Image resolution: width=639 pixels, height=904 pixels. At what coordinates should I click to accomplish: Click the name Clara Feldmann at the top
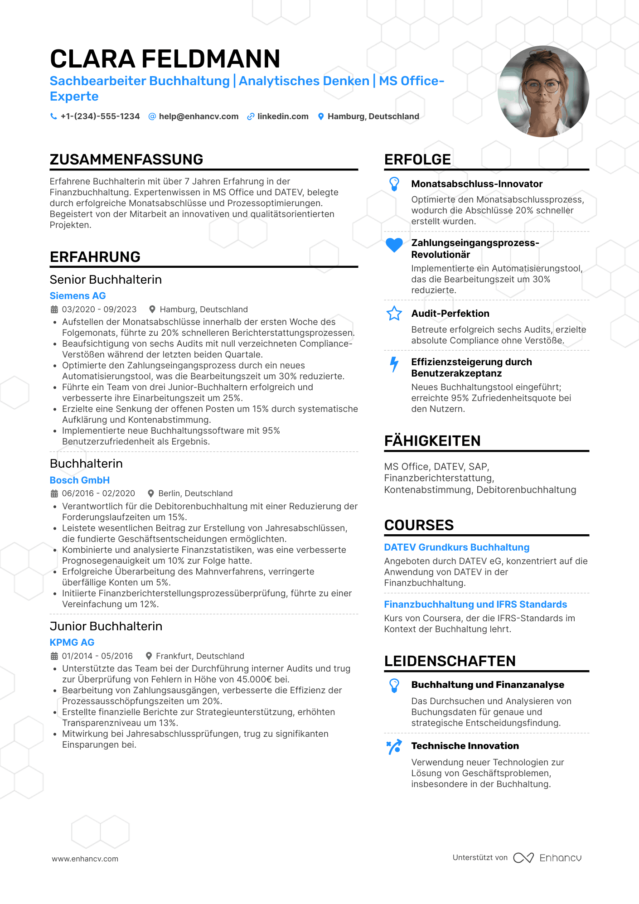(x=165, y=59)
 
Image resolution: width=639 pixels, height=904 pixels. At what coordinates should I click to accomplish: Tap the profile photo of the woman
(x=543, y=92)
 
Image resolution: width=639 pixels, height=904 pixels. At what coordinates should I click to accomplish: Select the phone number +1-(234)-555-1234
(x=100, y=116)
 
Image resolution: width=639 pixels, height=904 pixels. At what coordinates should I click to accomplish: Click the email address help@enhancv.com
(x=198, y=116)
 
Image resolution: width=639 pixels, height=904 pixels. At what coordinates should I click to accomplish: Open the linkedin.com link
(x=283, y=116)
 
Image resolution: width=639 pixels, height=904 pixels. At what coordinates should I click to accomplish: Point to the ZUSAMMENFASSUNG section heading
(x=126, y=160)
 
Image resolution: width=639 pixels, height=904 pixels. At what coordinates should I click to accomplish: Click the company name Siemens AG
(x=77, y=296)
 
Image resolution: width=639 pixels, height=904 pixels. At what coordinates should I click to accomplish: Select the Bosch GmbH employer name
(x=80, y=480)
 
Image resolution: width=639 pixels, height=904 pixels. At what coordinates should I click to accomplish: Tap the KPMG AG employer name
(x=72, y=643)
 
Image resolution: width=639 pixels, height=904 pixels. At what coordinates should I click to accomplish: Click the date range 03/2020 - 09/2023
(x=99, y=309)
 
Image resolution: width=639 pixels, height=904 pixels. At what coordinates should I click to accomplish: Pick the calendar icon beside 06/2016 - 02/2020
(x=54, y=493)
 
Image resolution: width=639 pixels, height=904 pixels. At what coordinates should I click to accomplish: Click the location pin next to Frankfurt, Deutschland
(x=149, y=656)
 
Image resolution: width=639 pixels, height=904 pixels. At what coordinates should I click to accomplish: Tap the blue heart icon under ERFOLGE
(x=394, y=245)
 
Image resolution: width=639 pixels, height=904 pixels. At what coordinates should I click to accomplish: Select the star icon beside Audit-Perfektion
(x=394, y=314)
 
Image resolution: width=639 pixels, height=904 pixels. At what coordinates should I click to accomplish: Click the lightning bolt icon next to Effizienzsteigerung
(x=394, y=364)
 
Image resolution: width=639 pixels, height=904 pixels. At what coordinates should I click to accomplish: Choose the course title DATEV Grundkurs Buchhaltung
(x=457, y=547)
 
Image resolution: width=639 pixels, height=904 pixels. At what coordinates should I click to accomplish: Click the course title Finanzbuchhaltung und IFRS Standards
(x=475, y=604)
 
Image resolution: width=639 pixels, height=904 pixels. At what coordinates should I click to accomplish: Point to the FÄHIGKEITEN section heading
(x=432, y=441)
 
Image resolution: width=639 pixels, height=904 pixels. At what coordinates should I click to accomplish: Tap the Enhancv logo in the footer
(x=547, y=858)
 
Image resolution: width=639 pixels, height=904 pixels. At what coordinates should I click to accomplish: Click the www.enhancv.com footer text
(x=85, y=859)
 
